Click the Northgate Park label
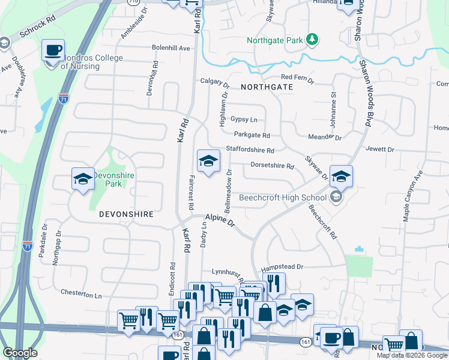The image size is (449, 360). (x=276, y=41)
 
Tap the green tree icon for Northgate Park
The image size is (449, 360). (x=312, y=40)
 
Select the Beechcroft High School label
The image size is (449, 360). (x=282, y=197)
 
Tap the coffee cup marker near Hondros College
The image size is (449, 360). (x=53, y=49)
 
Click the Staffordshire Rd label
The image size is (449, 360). (x=250, y=150)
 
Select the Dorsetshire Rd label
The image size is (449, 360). (x=272, y=166)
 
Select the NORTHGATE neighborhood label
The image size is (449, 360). (x=267, y=87)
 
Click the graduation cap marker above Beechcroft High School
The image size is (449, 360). (x=341, y=175)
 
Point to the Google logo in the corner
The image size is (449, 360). (x=20, y=353)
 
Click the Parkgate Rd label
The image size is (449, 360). (x=252, y=135)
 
